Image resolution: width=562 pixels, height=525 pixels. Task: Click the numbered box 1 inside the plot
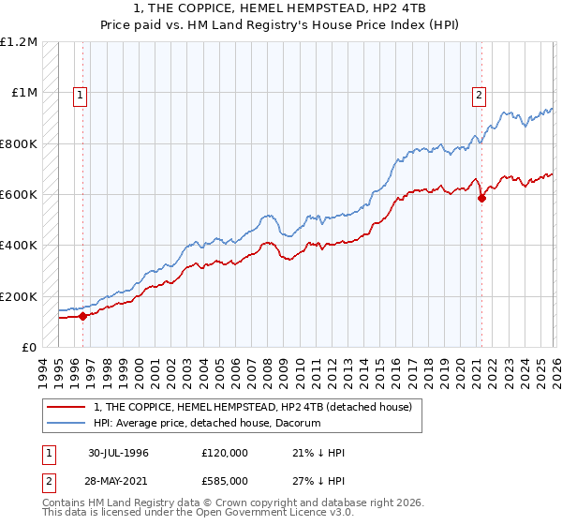click(x=81, y=95)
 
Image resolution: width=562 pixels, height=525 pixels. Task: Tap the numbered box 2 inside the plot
click(x=479, y=95)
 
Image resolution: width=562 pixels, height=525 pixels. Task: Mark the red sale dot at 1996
click(x=83, y=316)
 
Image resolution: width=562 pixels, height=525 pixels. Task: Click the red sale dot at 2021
click(x=481, y=198)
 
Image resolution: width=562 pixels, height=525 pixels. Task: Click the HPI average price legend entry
click(x=207, y=424)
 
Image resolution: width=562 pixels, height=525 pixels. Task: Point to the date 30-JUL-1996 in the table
click(x=119, y=453)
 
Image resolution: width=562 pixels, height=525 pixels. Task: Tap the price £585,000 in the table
click(x=224, y=480)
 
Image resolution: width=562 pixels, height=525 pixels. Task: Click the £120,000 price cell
click(x=224, y=453)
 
